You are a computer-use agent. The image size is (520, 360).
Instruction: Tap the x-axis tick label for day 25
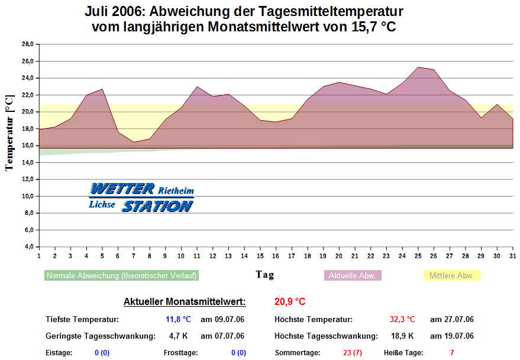pos(418,256)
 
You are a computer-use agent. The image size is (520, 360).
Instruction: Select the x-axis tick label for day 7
pos(134,256)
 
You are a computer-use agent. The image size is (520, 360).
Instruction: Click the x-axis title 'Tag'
pos(264,274)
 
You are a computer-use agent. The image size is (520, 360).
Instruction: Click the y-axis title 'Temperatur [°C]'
pos(9,133)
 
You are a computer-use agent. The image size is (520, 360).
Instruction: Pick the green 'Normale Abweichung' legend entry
pos(121,275)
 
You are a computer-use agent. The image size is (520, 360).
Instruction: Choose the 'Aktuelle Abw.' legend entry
pos(353,275)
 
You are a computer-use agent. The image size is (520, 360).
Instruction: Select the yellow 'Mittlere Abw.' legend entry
pos(452,275)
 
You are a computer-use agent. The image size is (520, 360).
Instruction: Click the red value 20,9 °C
pos(290,302)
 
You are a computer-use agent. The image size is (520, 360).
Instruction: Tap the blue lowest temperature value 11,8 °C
pos(178,320)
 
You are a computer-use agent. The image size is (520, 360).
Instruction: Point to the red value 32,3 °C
pos(402,320)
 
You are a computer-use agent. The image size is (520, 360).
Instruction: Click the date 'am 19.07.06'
pos(451,336)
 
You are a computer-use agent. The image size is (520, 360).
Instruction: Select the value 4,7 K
pos(178,336)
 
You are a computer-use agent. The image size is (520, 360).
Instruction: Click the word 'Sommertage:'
pos(298,353)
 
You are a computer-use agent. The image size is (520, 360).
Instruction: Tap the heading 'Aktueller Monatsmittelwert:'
pos(185,302)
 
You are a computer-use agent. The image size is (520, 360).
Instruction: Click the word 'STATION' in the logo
pos(157,206)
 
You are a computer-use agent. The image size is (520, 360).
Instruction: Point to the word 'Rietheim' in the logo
pos(176,191)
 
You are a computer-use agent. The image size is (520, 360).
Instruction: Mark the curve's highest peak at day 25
pos(418,67)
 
